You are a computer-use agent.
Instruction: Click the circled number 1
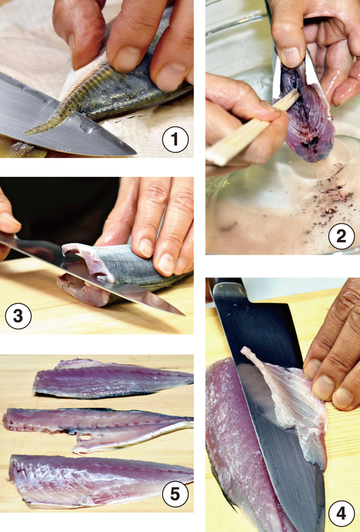[x=175, y=139]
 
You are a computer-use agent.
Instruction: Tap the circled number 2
[x=341, y=236]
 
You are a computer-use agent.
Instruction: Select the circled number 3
[x=18, y=316]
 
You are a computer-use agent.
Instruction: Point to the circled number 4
[x=341, y=514]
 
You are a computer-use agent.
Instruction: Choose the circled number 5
[x=175, y=494]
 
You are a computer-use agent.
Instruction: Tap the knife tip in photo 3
[x=184, y=315]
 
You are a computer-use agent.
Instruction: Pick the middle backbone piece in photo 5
[x=98, y=428]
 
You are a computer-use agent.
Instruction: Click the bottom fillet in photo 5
[x=102, y=478]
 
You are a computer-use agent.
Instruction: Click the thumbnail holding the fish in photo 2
[x=289, y=57]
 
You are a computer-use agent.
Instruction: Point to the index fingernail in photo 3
[x=146, y=247]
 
